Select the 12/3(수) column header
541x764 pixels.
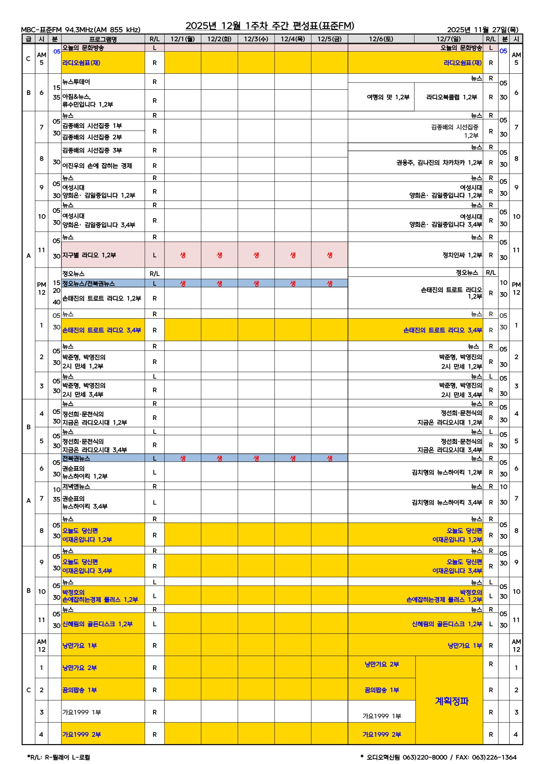pos(256,39)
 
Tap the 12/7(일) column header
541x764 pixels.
pos(448,39)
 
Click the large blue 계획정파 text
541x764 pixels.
pos(452,701)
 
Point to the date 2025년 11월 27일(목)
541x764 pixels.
pos(482,30)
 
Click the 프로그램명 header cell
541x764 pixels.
pos(103,39)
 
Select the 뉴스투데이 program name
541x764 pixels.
pos(76,82)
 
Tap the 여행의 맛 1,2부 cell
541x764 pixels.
pos(388,97)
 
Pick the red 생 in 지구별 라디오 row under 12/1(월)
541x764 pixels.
pos(183,255)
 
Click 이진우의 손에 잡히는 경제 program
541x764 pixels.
pos(97,166)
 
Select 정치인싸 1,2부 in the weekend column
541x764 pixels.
pos(462,255)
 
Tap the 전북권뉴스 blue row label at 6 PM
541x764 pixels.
pos(76,458)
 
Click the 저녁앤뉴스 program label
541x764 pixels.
pos(76,486)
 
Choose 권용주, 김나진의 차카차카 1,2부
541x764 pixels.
pos(439,162)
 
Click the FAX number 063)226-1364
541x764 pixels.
pos(494,757)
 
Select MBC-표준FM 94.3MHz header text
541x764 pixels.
pos(80,30)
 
